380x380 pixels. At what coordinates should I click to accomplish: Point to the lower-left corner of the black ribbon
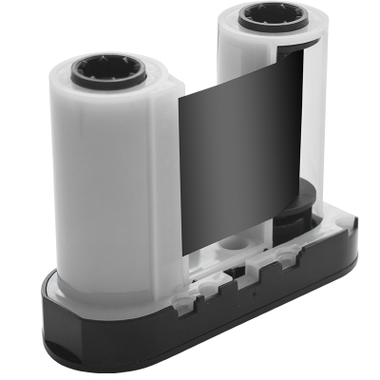(184, 254)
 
